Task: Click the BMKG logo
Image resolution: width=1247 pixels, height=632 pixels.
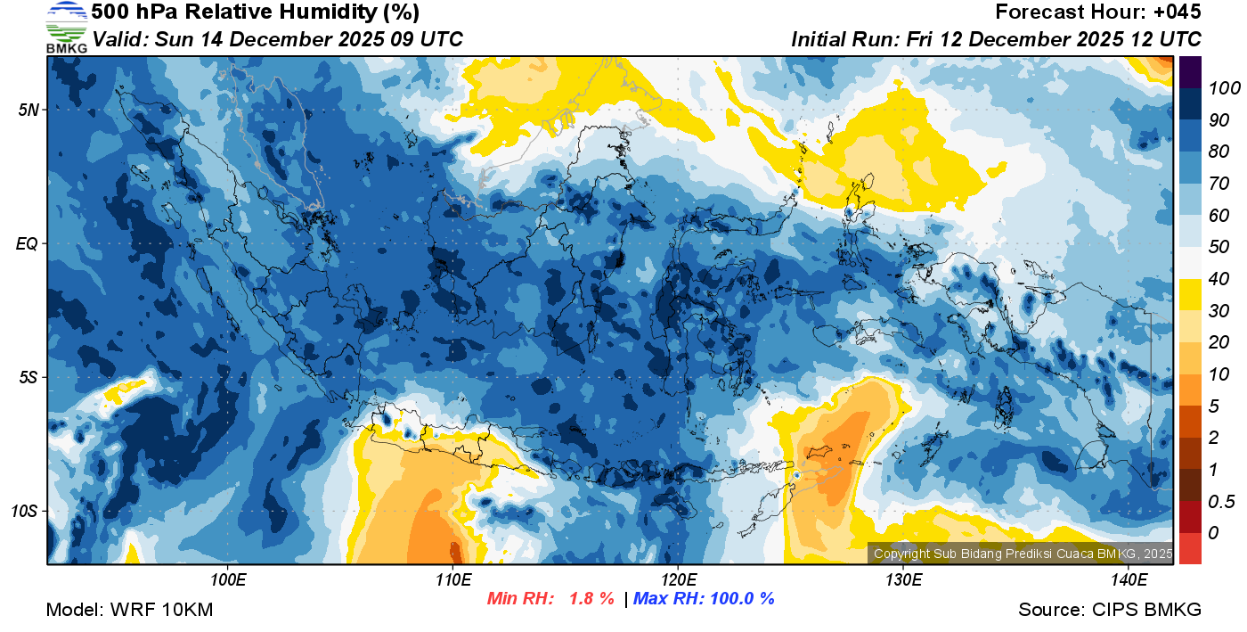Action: tap(67, 27)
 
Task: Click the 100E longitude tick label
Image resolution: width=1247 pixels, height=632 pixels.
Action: tap(228, 579)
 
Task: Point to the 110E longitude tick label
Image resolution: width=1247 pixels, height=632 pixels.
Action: tap(453, 579)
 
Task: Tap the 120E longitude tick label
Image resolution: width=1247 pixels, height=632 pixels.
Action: tap(678, 579)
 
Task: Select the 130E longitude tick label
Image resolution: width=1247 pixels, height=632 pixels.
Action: tap(903, 579)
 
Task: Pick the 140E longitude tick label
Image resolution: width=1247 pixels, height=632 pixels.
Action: tap(1129, 579)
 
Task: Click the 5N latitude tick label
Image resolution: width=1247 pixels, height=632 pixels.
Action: tap(29, 110)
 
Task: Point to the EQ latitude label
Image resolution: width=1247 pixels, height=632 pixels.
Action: tap(27, 243)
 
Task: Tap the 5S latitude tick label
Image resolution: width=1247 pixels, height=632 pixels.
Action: tap(29, 377)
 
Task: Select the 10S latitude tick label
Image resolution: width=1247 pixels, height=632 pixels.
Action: tap(25, 512)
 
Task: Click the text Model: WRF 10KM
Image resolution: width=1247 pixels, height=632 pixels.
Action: tap(129, 610)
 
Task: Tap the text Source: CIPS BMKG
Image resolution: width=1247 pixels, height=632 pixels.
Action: tap(1110, 610)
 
